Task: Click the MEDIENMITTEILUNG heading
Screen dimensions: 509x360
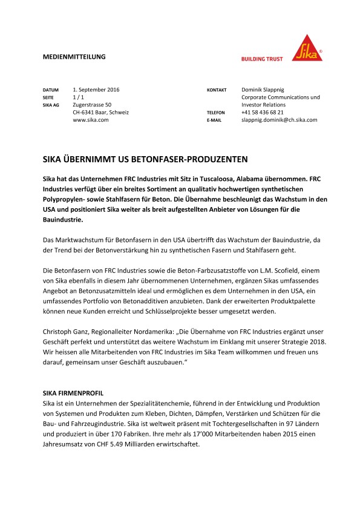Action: pos(74,56)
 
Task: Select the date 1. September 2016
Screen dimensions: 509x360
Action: pos(96,90)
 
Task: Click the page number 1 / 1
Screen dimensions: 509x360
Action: pos(79,97)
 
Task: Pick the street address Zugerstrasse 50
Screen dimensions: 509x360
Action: pos(92,105)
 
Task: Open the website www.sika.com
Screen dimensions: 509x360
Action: pos(90,120)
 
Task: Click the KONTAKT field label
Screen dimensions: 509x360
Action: pos(217,90)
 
